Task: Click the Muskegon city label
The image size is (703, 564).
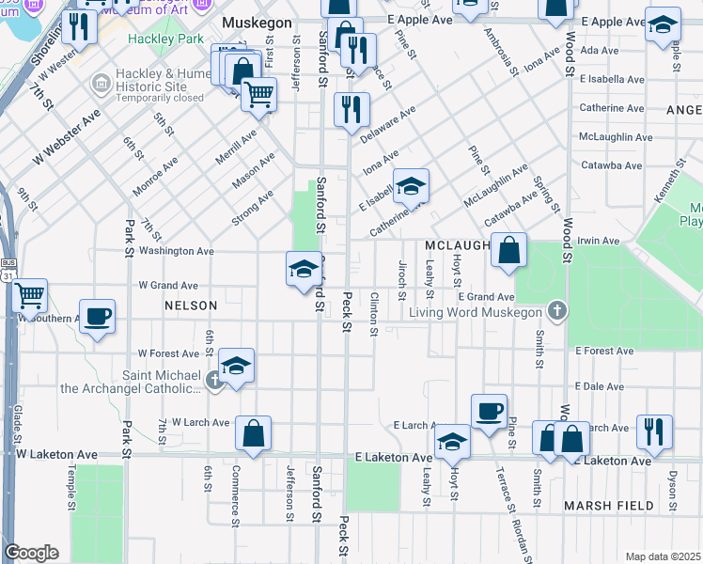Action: pyautogui.click(x=258, y=22)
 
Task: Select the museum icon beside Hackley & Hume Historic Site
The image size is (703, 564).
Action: pyautogui.click(x=101, y=85)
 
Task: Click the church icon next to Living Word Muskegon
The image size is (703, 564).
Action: pyautogui.click(x=556, y=311)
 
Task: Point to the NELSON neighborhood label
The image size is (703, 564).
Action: pyautogui.click(x=191, y=305)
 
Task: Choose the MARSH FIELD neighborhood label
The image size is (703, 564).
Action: pyautogui.click(x=608, y=506)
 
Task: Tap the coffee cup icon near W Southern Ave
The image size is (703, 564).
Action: pyautogui.click(x=97, y=316)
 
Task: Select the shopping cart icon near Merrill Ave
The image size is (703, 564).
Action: pyautogui.click(x=258, y=94)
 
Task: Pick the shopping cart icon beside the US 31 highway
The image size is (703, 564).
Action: pyautogui.click(x=30, y=295)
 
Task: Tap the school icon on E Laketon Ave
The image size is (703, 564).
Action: pyautogui.click(x=452, y=441)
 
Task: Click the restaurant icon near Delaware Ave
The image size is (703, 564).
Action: pyautogui.click(x=351, y=109)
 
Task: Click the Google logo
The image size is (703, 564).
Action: pyautogui.click(x=31, y=553)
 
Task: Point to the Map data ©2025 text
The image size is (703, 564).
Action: pyautogui.click(x=662, y=556)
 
